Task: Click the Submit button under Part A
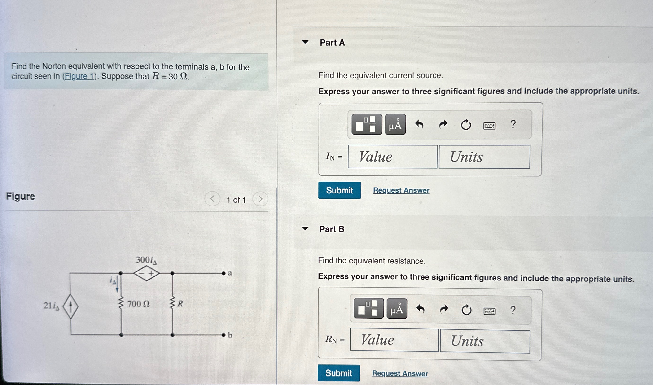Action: [x=339, y=190]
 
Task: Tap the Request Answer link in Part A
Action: [x=401, y=190]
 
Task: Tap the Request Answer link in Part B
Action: [x=400, y=373]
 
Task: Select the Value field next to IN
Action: [x=392, y=157]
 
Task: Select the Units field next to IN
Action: [x=484, y=157]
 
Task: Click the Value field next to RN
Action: [x=394, y=340]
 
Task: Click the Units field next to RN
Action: [x=485, y=341]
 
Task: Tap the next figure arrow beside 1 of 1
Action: [x=260, y=199]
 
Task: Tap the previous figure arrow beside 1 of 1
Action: [x=212, y=199]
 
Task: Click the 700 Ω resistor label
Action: [x=138, y=304]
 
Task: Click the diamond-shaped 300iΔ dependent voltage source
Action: [x=146, y=273]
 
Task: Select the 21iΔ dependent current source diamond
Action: [x=70, y=306]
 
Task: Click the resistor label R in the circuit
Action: [x=180, y=304]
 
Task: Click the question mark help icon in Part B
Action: [x=512, y=310]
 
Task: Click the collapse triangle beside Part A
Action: [x=305, y=42]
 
